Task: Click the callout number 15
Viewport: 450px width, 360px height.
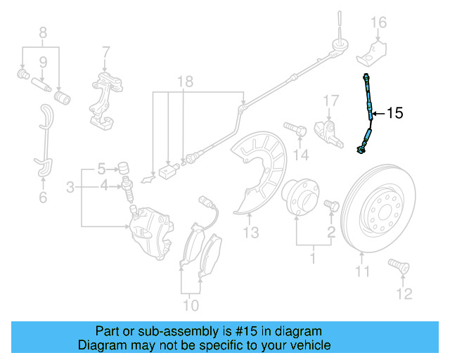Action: pos(395,112)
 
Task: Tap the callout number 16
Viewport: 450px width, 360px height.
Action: pos(379,22)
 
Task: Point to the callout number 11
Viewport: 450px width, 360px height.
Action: pos(361,271)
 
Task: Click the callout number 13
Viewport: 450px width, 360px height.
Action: pos(251,232)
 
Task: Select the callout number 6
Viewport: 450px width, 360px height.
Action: pos(43,198)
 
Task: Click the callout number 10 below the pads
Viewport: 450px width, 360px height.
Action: pos(191,305)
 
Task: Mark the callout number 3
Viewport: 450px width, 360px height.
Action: pos(70,187)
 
